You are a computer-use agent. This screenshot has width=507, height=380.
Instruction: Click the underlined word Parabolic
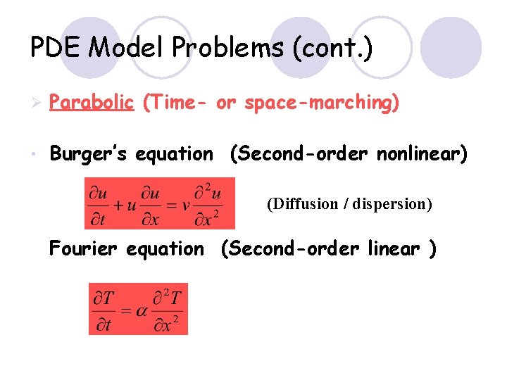[92, 103]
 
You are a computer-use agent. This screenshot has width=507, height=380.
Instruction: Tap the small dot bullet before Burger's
[33, 153]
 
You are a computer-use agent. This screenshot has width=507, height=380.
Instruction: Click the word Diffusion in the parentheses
[303, 204]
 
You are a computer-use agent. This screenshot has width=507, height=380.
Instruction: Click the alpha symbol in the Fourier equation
[142, 310]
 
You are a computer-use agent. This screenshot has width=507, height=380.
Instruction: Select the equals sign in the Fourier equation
[125, 310]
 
